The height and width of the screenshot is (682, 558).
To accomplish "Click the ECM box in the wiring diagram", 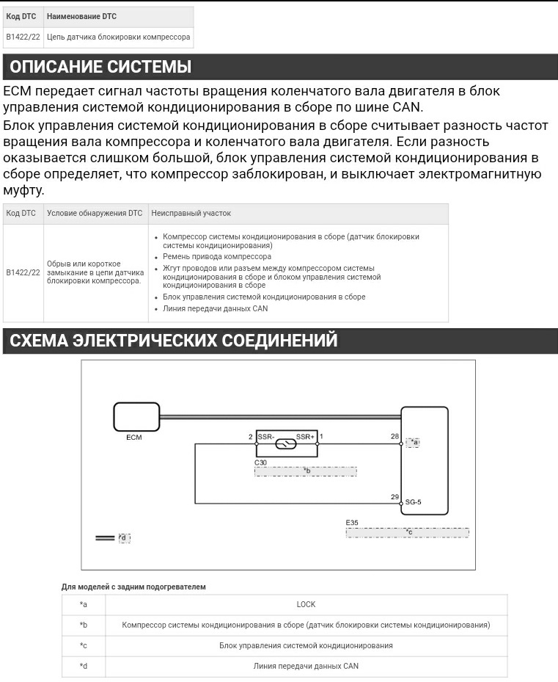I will tap(136, 417).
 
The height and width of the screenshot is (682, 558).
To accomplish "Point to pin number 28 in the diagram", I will tap(394, 436).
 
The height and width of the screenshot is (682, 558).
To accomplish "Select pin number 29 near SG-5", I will tap(394, 497).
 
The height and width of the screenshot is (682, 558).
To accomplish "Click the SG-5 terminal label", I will tap(414, 503).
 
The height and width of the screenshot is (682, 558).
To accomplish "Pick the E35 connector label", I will tap(352, 523).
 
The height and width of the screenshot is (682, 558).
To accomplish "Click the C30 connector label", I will tap(260, 462).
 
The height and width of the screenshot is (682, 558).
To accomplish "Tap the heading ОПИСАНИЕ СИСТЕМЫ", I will tap(100, 68).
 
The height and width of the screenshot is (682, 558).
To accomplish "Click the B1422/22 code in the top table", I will tap(23, 37).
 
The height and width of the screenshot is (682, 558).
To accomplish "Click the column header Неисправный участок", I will tap(191, 213).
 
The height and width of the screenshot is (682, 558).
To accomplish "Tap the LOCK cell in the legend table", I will tap(306, 604).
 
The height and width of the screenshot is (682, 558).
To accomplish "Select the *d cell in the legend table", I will tap(84, 666).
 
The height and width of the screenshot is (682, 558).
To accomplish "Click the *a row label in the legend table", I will tap(84, 604).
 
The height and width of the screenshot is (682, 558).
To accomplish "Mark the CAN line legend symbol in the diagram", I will tap(105, 538).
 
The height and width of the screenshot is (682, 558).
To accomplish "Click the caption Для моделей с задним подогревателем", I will tap(133, 587).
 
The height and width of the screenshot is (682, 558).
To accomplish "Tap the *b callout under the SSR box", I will tap(306, 471).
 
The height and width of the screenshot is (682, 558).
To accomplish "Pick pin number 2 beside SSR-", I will tap(251, 437).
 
